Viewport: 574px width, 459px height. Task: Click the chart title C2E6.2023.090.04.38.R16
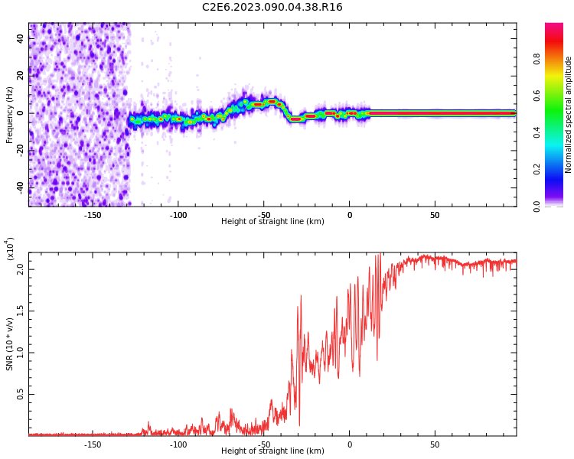tap(272, 8)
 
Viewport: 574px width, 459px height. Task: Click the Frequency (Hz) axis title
tap(9, 114)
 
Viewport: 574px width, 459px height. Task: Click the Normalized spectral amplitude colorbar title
tap(569, 114)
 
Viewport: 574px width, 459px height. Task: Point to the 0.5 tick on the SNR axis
tap(21, 395)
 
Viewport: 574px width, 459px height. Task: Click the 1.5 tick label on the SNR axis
tap(21, 311)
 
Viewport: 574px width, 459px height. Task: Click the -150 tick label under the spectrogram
tap(92, 214)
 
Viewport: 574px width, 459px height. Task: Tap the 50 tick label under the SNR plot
tap(435, 444)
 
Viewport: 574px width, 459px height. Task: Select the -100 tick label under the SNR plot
tap(178, 444)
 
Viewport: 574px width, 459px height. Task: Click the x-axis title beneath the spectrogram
tap(272, 222)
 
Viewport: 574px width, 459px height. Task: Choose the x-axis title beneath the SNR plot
tap(272, 451)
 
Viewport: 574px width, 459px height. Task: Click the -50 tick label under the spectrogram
tap(263, 214)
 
